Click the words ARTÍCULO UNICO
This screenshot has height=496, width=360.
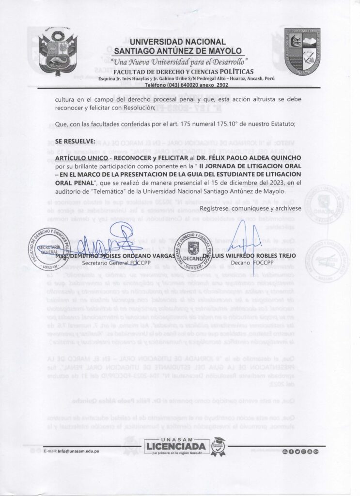[79, 158]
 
